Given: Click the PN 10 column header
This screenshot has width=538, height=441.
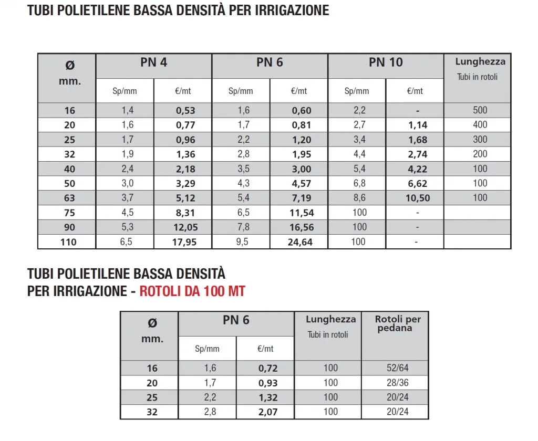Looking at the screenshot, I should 386,62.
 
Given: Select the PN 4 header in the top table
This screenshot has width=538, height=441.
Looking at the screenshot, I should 153,62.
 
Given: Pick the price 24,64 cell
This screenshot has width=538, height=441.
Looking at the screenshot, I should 299,242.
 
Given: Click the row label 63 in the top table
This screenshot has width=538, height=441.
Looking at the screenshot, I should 69,198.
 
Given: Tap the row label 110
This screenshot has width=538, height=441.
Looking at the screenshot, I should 68,242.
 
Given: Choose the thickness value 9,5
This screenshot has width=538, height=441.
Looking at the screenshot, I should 243,242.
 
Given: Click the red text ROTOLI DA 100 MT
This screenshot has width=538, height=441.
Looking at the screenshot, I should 192,291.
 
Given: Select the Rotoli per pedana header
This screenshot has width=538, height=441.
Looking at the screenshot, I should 398,323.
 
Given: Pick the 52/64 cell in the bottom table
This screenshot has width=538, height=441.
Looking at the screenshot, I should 397,368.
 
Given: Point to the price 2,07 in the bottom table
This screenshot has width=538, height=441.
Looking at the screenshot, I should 268,412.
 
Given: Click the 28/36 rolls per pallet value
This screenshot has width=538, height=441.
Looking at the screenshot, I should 397,383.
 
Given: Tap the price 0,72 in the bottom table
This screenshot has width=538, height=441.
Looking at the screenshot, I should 268,368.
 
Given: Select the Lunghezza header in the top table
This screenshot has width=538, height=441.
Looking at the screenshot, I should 480,61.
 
